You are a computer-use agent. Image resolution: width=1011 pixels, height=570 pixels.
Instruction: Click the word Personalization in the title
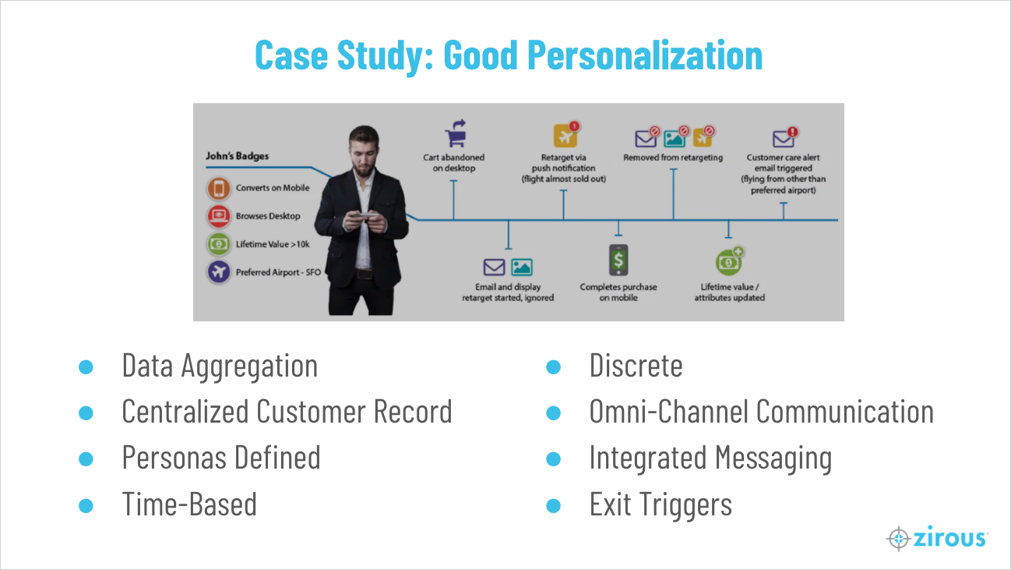pos(645,56)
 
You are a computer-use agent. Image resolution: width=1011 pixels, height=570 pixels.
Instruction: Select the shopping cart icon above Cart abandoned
pos(456,133)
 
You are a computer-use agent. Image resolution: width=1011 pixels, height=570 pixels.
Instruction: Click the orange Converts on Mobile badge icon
pos(219,189)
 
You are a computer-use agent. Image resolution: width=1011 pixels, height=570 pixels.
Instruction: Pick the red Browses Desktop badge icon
pos(219,216)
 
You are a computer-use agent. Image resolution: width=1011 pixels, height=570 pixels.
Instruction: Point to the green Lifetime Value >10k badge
pos(219,244)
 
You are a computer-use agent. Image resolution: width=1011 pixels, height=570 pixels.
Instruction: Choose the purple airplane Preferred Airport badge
pos(219,272)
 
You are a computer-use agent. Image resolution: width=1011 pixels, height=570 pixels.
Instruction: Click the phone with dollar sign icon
pos(618,260)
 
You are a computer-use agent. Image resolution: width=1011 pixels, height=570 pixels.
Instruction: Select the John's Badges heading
pos(237,156)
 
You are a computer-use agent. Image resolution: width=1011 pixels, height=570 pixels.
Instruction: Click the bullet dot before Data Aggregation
pos(86,366)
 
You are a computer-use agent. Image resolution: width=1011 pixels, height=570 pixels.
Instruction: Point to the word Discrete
pos(636,366)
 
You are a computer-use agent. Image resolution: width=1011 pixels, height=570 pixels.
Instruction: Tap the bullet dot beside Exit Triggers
pos(553,505)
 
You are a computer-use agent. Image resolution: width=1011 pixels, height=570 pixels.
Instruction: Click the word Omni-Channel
pos(668,412)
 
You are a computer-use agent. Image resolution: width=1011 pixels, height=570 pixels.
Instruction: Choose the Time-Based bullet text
pos(189,504)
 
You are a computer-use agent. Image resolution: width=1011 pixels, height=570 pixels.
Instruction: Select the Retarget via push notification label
pos(564,168)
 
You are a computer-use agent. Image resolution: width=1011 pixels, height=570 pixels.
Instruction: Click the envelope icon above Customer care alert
pos(783,138)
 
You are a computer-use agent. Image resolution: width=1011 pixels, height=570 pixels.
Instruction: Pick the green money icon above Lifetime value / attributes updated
pos(729,261)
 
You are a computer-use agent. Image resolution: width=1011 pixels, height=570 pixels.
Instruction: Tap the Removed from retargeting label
pos(673,158)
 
